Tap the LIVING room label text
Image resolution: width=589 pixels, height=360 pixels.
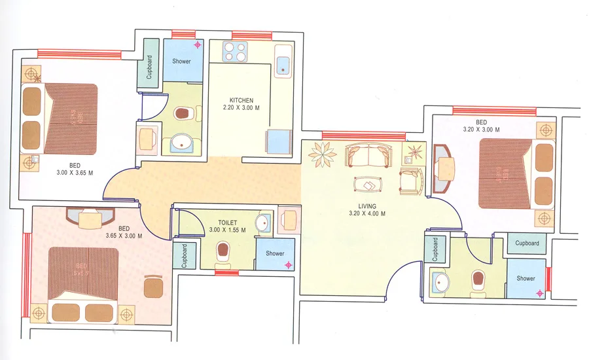click(367, 206)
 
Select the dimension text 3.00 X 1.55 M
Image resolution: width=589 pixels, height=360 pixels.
click(227, 230)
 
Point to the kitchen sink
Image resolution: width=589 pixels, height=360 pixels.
click(283, 63)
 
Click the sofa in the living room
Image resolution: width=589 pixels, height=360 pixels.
click(366, 156)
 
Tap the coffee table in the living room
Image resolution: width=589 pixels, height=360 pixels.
click(368, 185)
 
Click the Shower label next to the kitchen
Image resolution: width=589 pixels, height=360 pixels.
click(182, 62)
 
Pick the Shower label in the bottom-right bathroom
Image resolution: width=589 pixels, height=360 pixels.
click(526, 278)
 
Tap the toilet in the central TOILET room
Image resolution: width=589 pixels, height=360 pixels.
click(223, 253)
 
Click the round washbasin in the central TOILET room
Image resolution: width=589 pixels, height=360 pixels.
click(263, 223)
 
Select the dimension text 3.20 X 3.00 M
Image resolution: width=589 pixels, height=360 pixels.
click(481, 130)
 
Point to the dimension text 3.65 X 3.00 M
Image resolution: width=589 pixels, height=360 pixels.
click(124, 236)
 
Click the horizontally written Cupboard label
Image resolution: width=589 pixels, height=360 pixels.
click(527, 243)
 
